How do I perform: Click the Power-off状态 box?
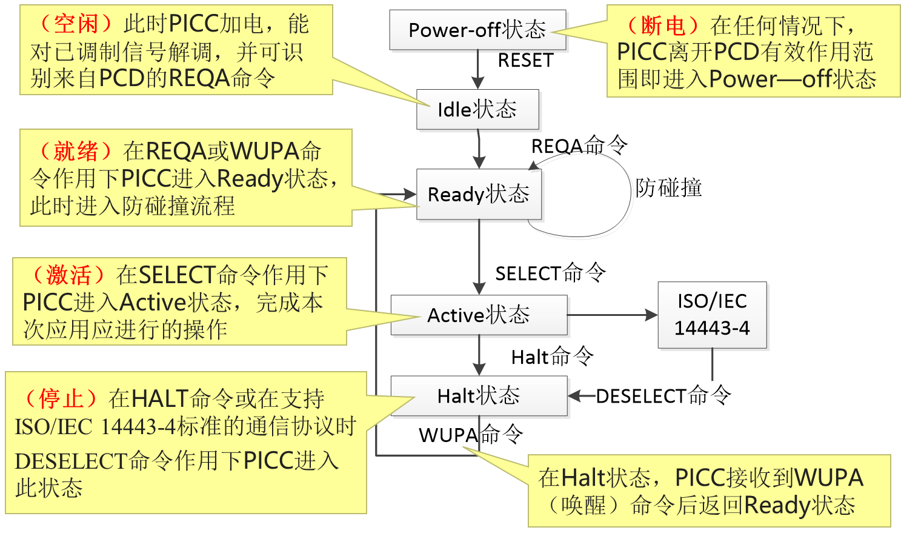click(x=477, y=30)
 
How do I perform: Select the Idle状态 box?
click(x=477, y=110)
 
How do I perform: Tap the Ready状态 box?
click(x=479, y=195)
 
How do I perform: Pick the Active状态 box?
click(x=479, y=315)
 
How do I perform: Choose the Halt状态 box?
click(x=479, y=396)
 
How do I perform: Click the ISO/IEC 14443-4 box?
click(x=712, y=315)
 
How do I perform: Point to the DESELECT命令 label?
click(x=663, y=396)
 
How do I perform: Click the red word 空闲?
click(x=76, y=24)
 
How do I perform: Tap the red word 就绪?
click(x=76, y=151)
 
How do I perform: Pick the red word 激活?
click(x=68, y=275)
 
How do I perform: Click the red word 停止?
click(x=61, y=399)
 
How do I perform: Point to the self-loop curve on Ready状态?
click(x=632, y=194)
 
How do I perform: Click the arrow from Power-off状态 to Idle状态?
click(x=478, y=70)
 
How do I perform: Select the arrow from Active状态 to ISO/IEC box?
click(x=612, y=315)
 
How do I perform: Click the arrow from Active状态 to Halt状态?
click(x=479, y=356)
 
